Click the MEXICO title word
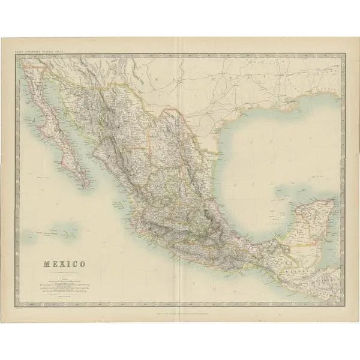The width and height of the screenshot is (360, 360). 63,264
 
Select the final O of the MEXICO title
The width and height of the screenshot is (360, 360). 82,264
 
